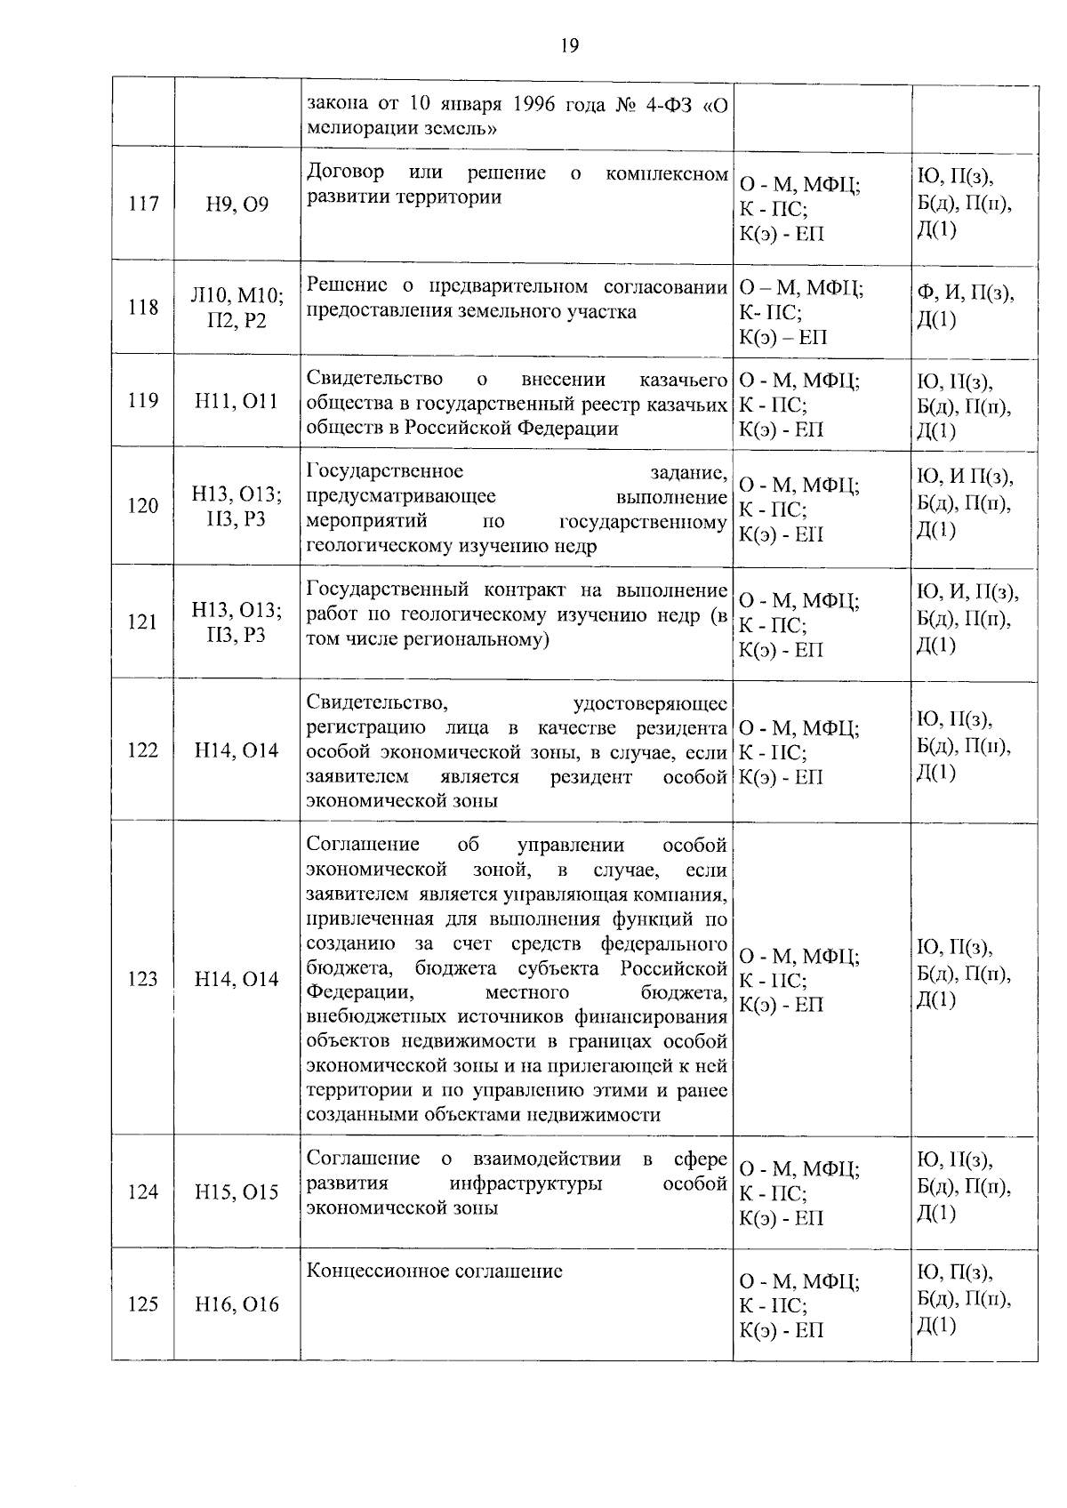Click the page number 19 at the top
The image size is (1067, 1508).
(570, 46)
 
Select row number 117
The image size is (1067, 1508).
(143, 205)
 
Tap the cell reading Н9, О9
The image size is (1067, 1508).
(237, 205)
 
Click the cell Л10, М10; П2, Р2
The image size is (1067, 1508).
(237, 308)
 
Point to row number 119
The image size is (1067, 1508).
(143, 401)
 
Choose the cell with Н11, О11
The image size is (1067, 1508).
(237, 401)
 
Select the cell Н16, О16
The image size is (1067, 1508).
(237, 1304)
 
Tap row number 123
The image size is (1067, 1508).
(143, 979)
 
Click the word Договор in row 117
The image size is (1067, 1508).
(345, 172)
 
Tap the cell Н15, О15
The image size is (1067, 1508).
(237, 1192)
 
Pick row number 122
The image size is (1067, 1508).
(143, 750)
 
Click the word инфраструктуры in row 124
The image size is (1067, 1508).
(525, 1183)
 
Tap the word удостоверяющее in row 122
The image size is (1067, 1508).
(650, 704)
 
